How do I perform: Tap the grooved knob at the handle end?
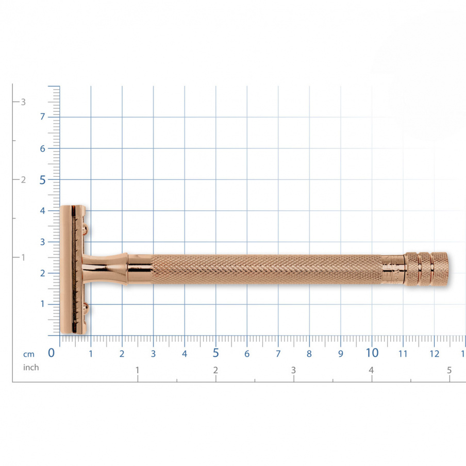click(x=427, y=269)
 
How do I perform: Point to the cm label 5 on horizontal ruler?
click(x=215, y=353)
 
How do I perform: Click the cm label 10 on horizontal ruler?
click(x=372, y=353)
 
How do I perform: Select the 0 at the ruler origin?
click(x=52, y=353)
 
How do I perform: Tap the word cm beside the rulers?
click(x=28, y=354)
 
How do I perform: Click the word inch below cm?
click(x=31, y=368)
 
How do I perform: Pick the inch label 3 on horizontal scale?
click(x=293, y=370)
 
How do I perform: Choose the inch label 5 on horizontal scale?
click(x=449, y=370)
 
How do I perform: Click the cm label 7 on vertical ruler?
click(x=43, y=116)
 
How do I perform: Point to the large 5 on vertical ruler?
click(x=43, y=179)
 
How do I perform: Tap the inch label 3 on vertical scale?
click(x=23, y=102)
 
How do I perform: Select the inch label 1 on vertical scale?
click(x=23, y=257)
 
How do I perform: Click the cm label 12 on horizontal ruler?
click(x=434, y=354)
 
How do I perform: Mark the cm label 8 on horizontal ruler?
click(x=309, y=354)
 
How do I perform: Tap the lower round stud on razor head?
click(x=86, y=308)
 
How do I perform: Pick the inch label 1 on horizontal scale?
click(x=137, y=370)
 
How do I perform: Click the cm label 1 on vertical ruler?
click(x=43, y=304)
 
